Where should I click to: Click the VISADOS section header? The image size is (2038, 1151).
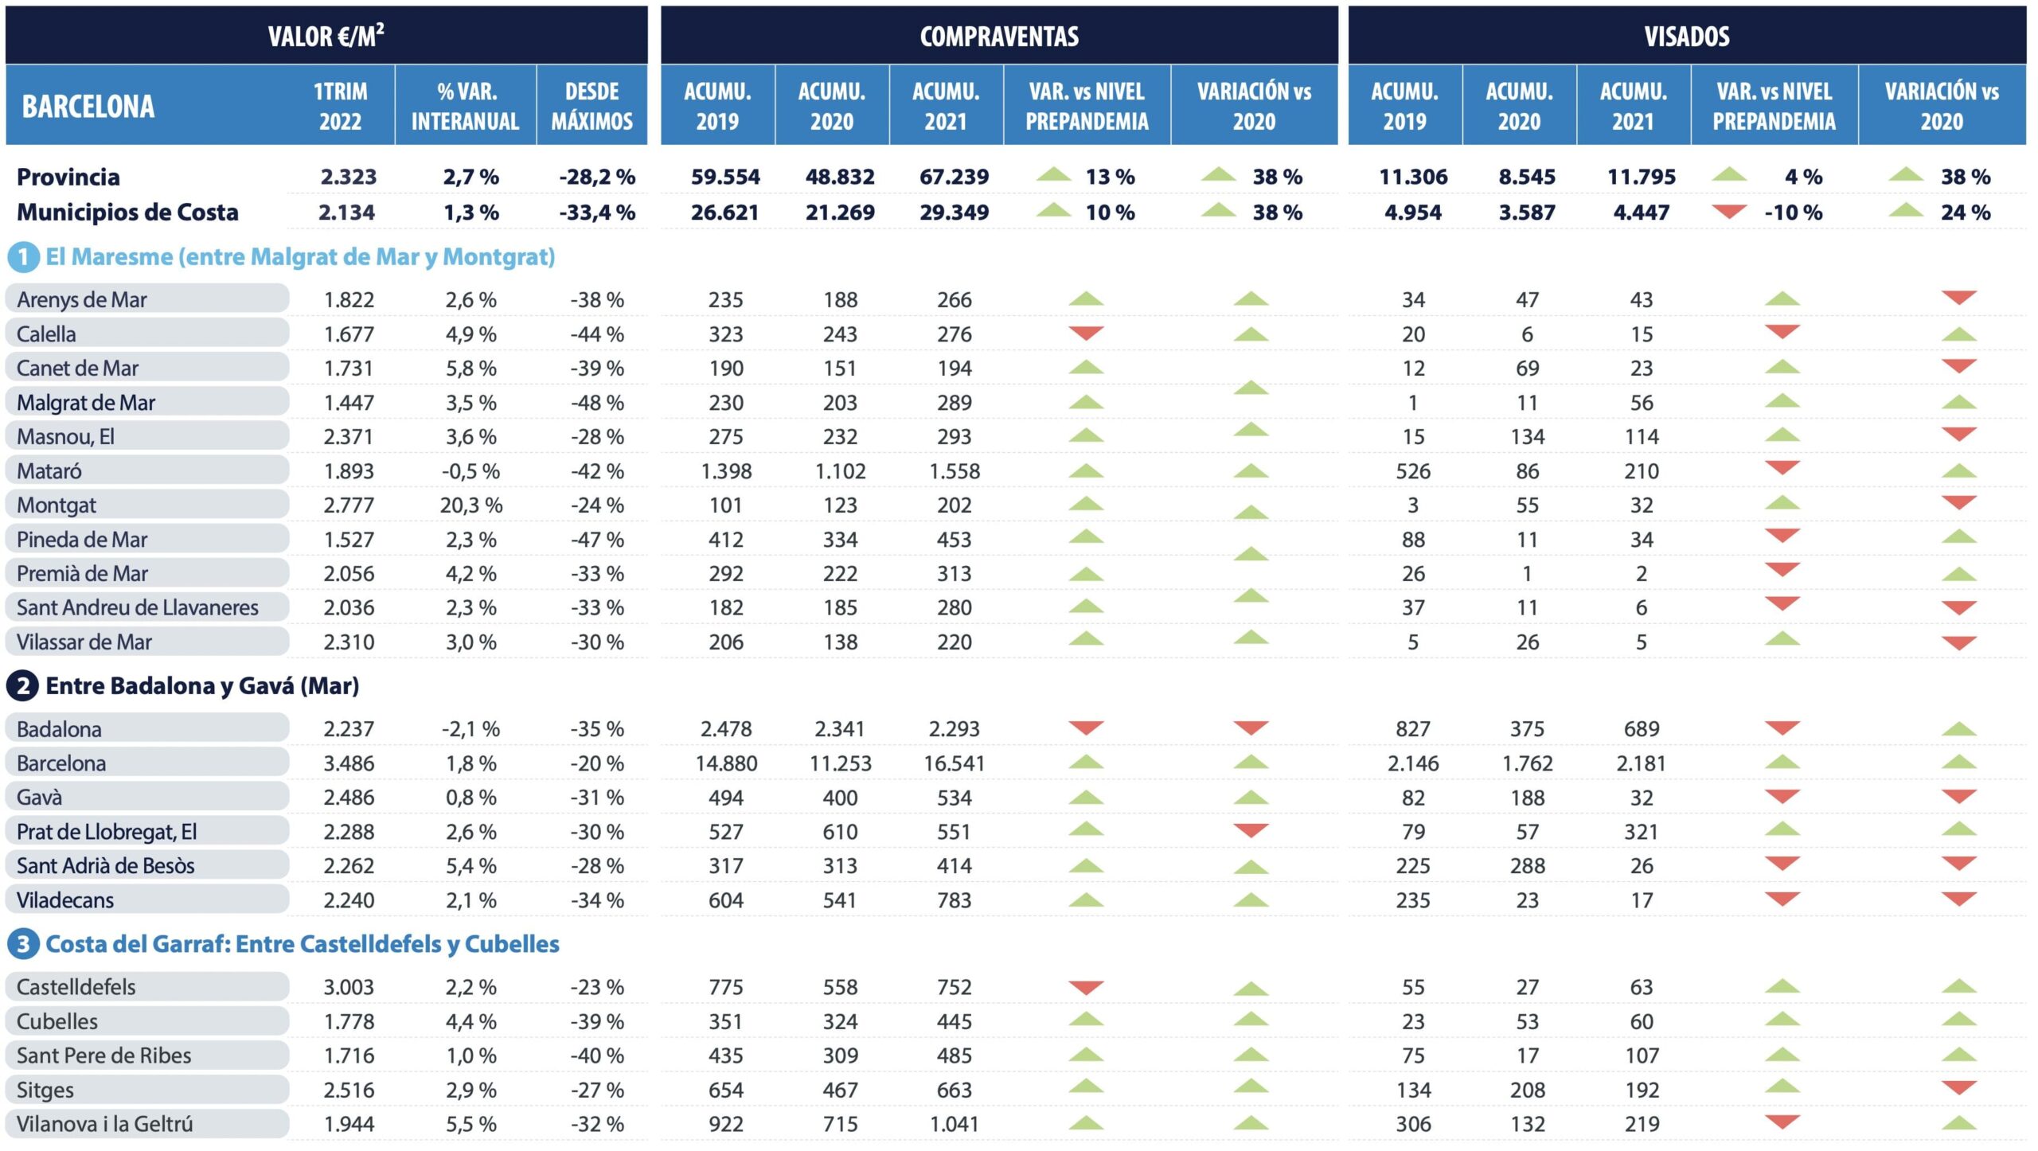pyautogui.click(x=1686, y=36)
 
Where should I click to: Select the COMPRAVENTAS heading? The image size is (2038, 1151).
pyautogui.click(x=999, y=36)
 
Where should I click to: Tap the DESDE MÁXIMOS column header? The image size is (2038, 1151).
pyautogui.click(x=591, y=106)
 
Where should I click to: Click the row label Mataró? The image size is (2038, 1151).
pyautogui.click(x=49, y=471)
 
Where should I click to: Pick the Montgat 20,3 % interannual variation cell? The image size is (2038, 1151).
pyautogui.click(x=470, y=505)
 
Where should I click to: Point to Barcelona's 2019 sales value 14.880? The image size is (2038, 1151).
pyautogui.click(x=726, y=763)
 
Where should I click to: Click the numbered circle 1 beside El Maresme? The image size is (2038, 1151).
pyautogui.click(x=23, y=256)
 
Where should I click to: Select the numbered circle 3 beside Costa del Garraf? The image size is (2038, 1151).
pyautogui.click(x=23, y=944)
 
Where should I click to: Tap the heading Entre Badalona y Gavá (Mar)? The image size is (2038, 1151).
pyautogui.click(x=202, y=685)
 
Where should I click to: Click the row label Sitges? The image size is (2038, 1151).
pyautogui.click(x=45, y=1090)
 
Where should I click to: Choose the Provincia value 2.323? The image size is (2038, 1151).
pyautogui.click(x=348, y=177)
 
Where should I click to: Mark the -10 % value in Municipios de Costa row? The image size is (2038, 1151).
pyautogui.click(x=1793, y=213)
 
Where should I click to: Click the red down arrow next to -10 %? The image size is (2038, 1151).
pyautogui.click(x=1729, y=212)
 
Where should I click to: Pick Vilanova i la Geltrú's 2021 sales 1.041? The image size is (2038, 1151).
pyautogui.click(x=954, y=1124)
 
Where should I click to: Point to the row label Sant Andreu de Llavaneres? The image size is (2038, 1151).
pyautogui.click(x=138, y=608)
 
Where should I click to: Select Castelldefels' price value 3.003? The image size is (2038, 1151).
pyautogui.click(x=348, y=987)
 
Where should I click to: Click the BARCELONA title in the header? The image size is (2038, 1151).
pyautogui.click(x=88, y=106)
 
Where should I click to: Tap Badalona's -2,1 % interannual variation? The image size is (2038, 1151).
pyautogui.click(x=470, y=729)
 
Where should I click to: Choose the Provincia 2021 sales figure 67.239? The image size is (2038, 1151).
pyautogui.click(x=954, y=177)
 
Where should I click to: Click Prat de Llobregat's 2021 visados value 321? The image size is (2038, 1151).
pyautogui.click(x=1641, y=832)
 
